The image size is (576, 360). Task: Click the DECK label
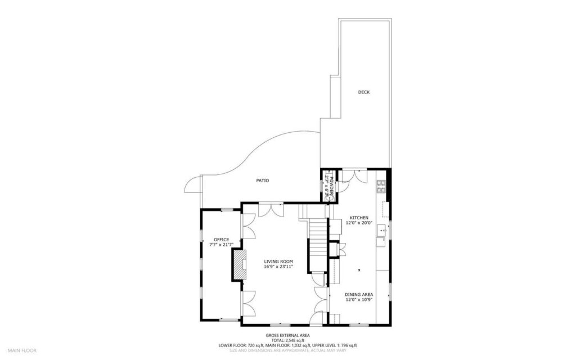tap(364, 92)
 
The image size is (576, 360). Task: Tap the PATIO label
tap(262, 181)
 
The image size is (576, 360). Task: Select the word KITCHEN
tap(359, 218)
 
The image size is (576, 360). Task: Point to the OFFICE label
tap(221, 240)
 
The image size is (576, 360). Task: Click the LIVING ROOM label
tap(278, 262)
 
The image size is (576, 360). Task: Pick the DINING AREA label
tap(359, 294)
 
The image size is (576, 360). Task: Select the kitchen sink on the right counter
tap(382, 229)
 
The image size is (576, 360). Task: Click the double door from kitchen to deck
tap(353, 175)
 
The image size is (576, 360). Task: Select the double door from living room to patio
tap(271, 210)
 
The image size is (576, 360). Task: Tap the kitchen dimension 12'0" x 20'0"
tap(359, 223)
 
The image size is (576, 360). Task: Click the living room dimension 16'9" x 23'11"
tap(278, 267)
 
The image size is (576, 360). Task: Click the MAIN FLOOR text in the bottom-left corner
tap(22, 350)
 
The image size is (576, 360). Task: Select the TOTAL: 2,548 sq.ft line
tap(287, 340)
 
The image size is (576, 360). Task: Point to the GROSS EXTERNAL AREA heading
tap(287, 335)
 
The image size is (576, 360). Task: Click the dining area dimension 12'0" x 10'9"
tap(359, 300)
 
